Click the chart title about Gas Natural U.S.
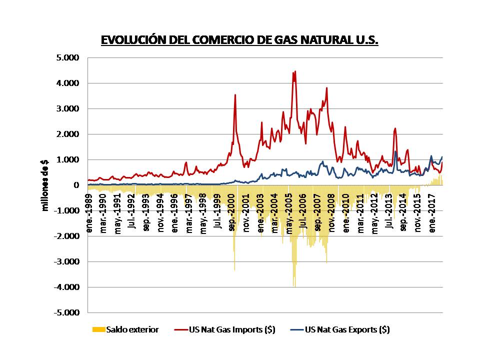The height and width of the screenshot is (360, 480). coord(239,40)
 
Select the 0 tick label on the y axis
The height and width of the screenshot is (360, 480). coord(76,185)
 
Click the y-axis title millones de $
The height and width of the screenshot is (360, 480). coord(45,185)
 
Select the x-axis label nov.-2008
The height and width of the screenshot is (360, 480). coord(332,204)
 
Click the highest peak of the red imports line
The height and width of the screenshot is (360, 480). coord(295,71)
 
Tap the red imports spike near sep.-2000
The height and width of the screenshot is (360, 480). coord(235,95)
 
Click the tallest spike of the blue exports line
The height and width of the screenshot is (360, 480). coord(395,151)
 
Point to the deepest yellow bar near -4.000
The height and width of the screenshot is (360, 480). coord(294,285)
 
